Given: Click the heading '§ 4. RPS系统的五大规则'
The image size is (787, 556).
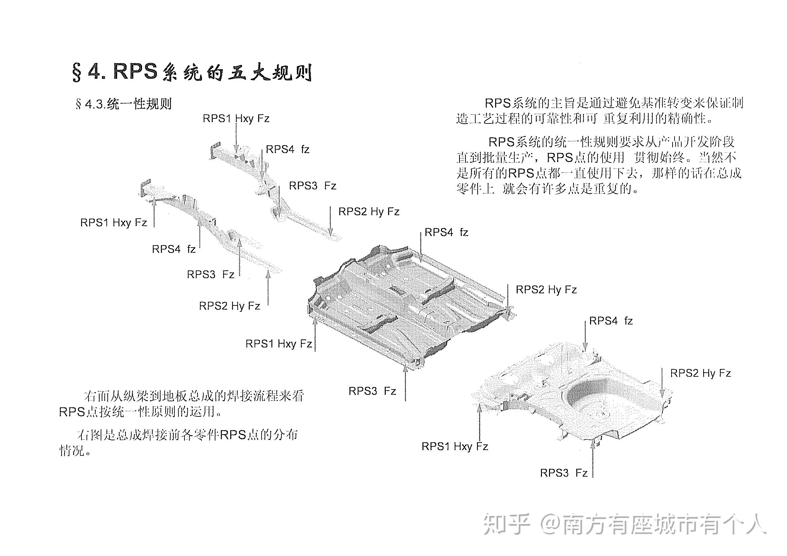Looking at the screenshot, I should (192, 72).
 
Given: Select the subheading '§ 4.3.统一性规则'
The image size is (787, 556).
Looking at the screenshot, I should (124, 104).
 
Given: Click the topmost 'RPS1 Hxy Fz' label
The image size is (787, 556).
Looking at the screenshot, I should (236, 118).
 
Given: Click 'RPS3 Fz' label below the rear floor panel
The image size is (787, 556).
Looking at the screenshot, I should (563, 473).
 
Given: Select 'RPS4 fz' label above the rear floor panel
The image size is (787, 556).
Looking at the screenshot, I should (611, 321).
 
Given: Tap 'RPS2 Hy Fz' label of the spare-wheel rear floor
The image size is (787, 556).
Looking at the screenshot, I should (700, 373).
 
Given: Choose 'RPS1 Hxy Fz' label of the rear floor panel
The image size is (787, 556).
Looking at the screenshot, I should (454, 446).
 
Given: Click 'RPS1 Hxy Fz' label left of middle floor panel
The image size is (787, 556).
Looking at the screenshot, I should (279, 344).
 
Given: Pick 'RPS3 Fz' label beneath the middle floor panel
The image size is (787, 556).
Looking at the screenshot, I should (372, 391).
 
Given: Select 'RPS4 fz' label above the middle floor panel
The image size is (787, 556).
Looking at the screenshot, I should (446, 233).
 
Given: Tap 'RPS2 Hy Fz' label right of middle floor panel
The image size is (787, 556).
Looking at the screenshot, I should (546, 290).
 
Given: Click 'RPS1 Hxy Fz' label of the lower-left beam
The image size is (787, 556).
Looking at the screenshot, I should (113, 223).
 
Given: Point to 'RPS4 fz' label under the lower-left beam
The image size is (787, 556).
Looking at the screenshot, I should (173, 249).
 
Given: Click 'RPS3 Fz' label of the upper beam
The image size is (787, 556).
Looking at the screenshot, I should (312, 186).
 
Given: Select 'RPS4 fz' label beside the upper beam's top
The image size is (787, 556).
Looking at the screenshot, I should (287, 149).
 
